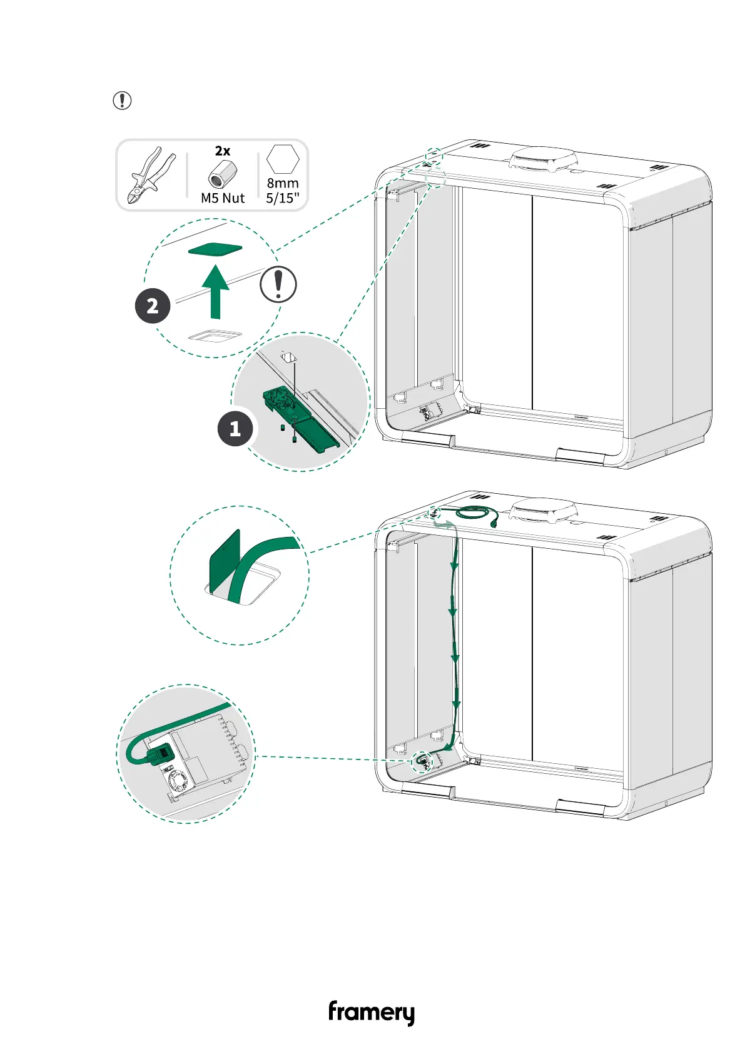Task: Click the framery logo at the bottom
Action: (x=371, y=1012)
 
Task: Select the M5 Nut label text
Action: (x=223, y=198)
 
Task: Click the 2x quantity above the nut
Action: (x=223, y=151)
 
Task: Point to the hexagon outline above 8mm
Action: (x=283, y=159)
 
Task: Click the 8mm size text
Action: (x=283, y=183)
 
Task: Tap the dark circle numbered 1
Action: (x=235, y=429)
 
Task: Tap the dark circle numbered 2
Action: (x=153, y=306)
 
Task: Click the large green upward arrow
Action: (x=216, y=291)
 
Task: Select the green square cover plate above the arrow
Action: (x=215, y=249)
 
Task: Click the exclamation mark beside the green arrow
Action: (x=278, y=284)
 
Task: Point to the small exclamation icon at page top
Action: (x=122, y=100)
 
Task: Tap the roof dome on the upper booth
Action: (x=543, y=159)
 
